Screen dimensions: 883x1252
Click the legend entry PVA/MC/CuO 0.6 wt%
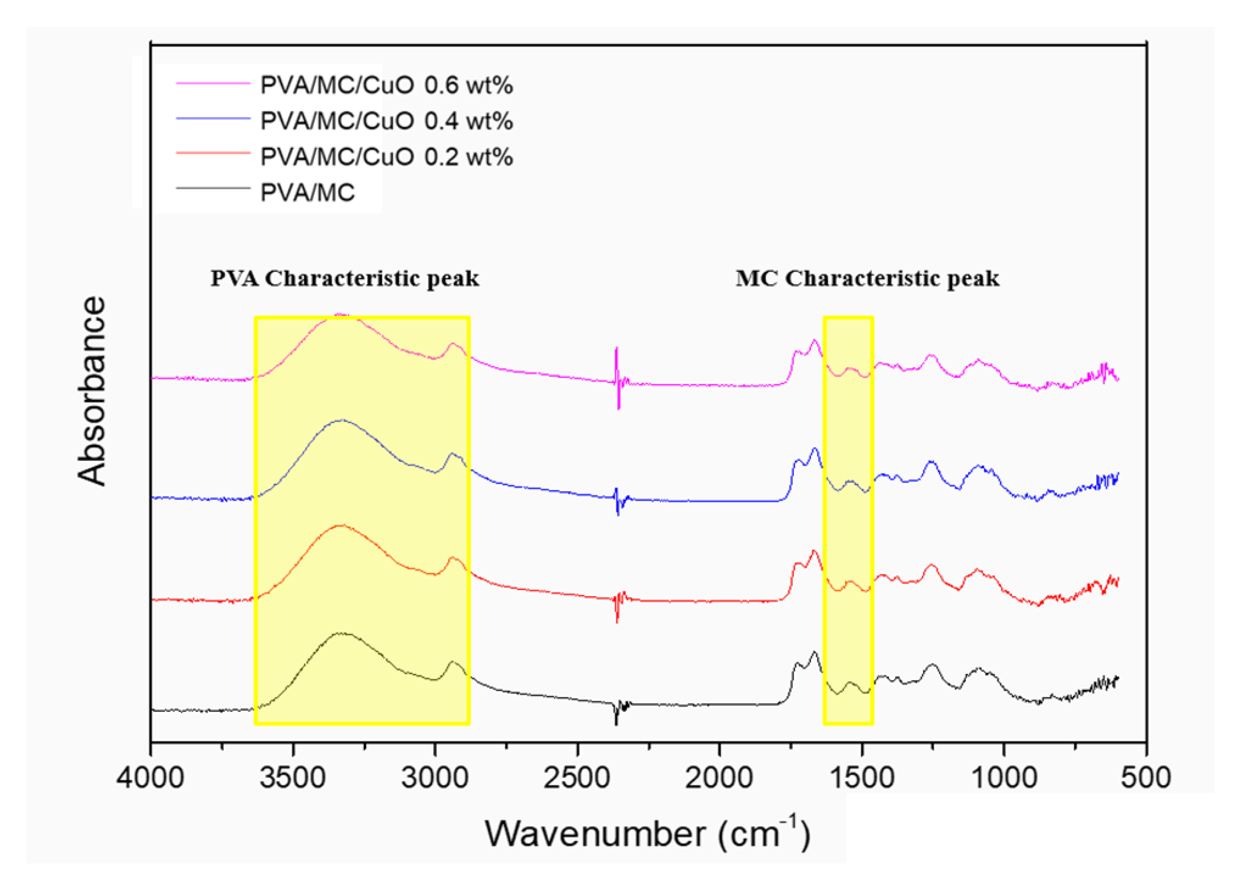(386, 86)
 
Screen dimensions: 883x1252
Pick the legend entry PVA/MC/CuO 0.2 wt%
(386, 157)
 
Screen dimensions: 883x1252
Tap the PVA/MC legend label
(307, 193)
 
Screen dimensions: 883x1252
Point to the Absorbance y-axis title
(92, 391)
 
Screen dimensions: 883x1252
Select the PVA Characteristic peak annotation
(345, 279)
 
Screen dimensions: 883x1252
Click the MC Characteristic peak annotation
(867, 279)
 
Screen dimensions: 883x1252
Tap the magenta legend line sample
(213, 84)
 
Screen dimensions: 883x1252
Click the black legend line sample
(213, 188)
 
